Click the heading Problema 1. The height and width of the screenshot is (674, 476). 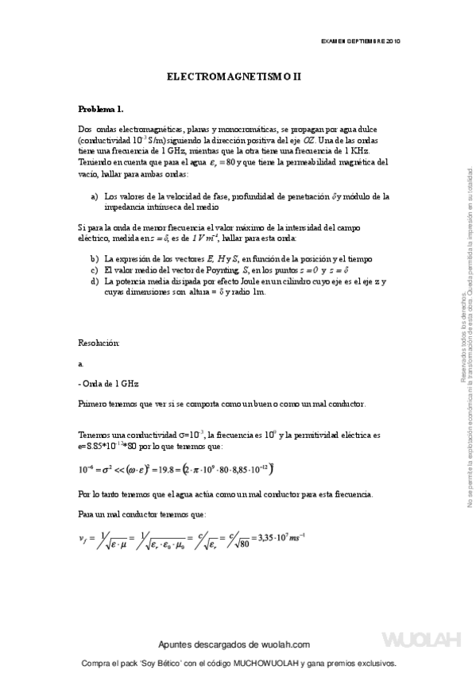coord(100,108)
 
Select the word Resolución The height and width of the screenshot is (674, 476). coord(99,343)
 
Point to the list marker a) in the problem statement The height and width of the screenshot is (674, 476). coord(95,196)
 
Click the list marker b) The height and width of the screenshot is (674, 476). coord(95,259)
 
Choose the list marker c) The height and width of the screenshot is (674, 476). coord(95,269)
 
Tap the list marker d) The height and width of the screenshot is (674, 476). coord(95,281)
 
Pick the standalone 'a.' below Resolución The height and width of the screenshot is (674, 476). coord(81,362)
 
